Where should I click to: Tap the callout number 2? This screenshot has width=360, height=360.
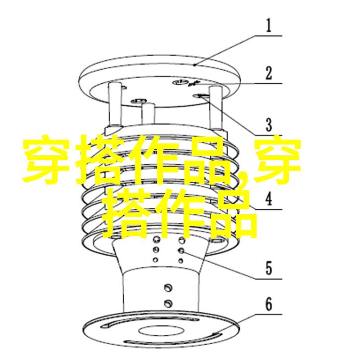coord(269,73)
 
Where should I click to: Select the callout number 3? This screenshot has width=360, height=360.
coord(269,125)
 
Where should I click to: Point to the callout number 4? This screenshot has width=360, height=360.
coord(269,199)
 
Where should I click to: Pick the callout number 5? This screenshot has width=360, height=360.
coord(269,268)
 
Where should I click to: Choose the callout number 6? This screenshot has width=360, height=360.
coord(269,304)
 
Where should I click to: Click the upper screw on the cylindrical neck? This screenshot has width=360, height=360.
coord(168,287)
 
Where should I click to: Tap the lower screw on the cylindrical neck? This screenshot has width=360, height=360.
coord(168,303)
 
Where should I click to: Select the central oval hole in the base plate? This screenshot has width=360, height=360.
coord(162,331)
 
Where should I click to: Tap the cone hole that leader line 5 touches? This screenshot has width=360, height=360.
coord(181,251)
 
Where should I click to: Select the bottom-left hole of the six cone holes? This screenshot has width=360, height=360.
coord(156,260)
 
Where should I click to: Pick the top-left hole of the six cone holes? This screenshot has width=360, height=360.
coord(156,239)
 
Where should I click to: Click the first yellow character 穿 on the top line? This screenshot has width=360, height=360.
coord(46,160)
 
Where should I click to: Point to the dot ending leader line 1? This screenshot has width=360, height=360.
coord(194,65)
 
